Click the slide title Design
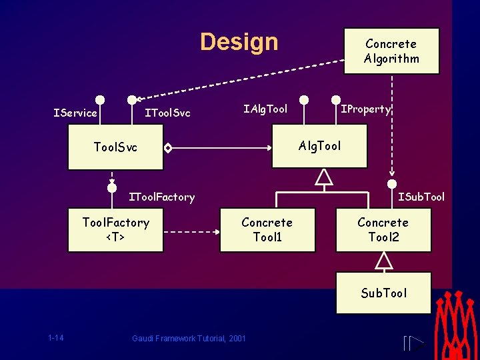point(239,42)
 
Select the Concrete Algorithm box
point(391,51)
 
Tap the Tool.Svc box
point(115,147)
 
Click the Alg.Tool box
point(320,146)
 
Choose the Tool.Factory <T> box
point(115,229)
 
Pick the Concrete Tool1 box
point(267,229)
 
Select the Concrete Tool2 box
point(383,229)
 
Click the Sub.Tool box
point(383,293)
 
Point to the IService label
point(75,113)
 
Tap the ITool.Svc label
point(167,113)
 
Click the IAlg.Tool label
point(265,109)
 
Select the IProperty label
point(366,109)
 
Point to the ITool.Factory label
point(162,197)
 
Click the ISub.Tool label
point(421,197)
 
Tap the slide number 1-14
point(56,338)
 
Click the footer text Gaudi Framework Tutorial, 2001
point(189,339)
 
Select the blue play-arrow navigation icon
point(414,344)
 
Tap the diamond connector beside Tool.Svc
point(169,147)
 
